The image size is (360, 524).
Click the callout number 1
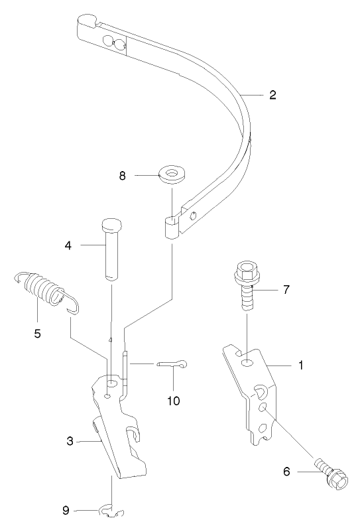(x=300, y=365)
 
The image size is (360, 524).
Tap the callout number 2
(x=272, y=95)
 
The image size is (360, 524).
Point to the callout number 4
(x=68, y=246)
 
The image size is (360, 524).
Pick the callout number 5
(x=38, y=333)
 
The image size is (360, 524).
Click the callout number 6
(x=286, y=472)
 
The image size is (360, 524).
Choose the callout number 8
(x=122, y=176)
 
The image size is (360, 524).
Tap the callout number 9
(x=65, y=510)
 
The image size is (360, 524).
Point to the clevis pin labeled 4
(x=111, y=245)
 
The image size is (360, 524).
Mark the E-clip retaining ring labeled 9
(x=112, y=511)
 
